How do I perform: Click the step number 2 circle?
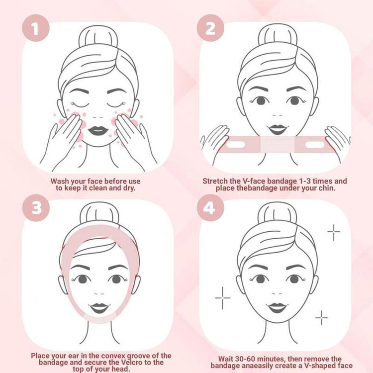pyautogui.click(x=211, y=29)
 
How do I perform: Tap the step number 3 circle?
pyautogui.click(x=36, y=207)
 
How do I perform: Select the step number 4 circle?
pyautogui.click(x=211, y=207)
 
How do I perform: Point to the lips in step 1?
pyautogui.click(x=98, y=130)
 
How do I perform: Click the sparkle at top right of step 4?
pyautogui.click(x=333, y=231)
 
